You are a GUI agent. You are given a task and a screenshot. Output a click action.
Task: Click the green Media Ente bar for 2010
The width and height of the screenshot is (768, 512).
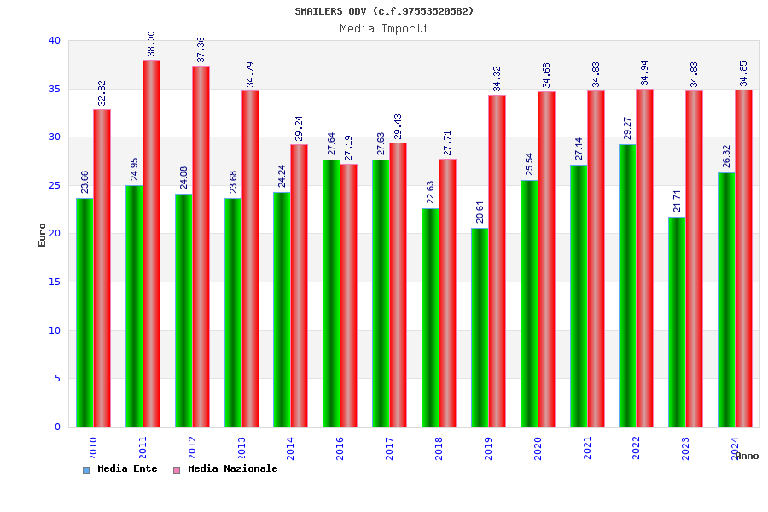(84, 312)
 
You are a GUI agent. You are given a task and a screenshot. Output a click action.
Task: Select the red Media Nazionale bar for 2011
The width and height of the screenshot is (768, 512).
(151, 243)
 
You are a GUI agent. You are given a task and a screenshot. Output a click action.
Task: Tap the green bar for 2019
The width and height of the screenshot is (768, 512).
(480, 327)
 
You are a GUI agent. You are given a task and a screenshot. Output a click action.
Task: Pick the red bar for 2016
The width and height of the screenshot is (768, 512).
(348, 295)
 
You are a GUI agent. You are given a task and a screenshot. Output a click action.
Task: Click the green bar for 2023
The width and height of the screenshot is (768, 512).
(677, 322)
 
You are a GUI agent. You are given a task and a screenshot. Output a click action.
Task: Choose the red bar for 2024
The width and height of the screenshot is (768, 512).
(743, 258)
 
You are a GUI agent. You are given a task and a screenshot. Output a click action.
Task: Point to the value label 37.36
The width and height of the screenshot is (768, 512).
(201, 49)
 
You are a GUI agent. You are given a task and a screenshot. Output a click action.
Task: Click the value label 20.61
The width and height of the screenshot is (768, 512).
(480, 211)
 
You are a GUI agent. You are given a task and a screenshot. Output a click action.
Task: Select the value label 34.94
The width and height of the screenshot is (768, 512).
(645, 73)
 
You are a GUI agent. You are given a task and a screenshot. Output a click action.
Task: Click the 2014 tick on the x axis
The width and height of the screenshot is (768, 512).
(291, 448)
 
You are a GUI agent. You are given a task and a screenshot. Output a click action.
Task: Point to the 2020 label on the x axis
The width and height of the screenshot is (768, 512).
(538, 448)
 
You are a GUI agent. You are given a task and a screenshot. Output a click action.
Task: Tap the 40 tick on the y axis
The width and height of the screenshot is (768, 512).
(55, 40)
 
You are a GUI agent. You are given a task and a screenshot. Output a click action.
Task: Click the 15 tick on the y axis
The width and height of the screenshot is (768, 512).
(55, 282)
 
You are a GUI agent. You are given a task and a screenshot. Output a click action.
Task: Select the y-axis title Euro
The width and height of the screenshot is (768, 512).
(43, 235)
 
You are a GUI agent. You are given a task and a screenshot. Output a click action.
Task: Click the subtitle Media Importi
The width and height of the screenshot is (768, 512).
(384, 28)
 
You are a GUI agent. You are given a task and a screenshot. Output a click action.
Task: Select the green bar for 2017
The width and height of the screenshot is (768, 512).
(381, 293)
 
